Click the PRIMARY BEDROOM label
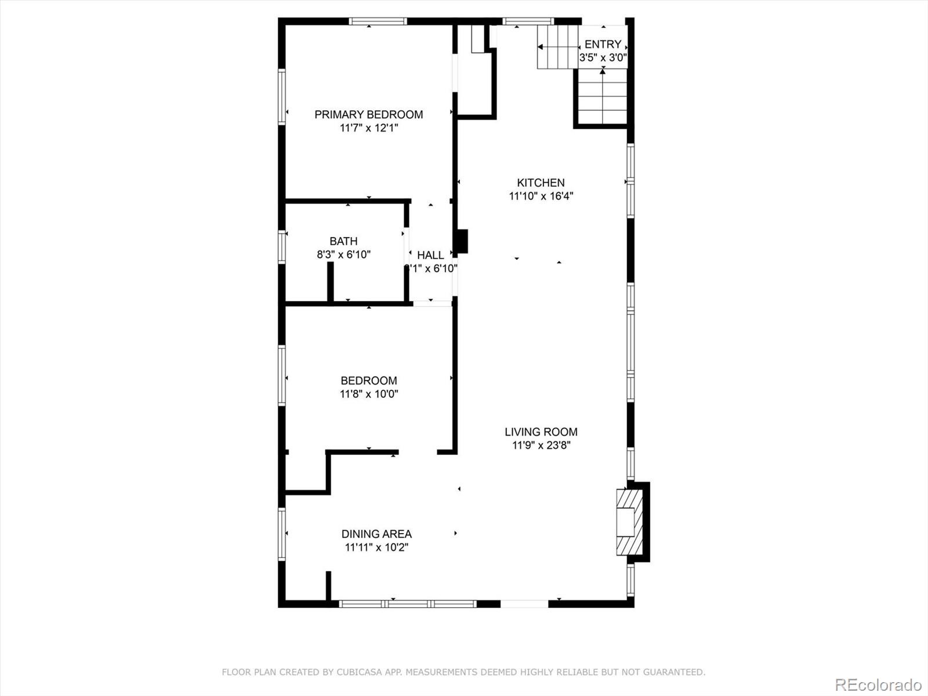click(368, 114)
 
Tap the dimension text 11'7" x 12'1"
click(368, 128)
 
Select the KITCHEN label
click(541, 183)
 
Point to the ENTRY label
click(603, 44)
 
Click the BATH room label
click(343, 241)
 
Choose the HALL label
click(430, 255)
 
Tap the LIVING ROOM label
click(541, 432)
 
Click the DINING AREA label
click(376, 534)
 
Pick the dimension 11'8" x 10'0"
click(368, 394)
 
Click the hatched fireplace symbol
click(630, 523)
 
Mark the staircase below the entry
click(603, 97)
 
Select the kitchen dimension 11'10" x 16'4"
click(541, 196)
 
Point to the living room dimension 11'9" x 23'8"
click(541, 445)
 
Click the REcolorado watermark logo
click(878, 684)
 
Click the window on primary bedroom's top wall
click(378, 21)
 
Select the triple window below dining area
click(408, 604)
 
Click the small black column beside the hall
click(462, 241)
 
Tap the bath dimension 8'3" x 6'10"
click(343, 254)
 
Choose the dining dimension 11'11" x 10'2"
click(376, 548)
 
